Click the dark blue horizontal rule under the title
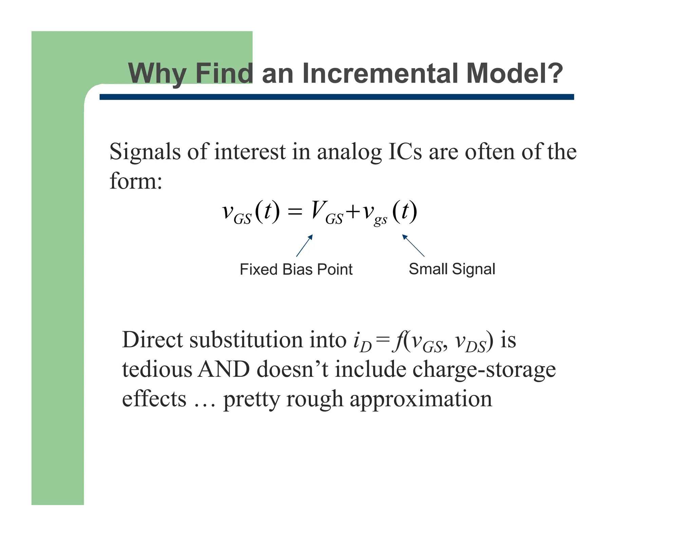[336, 97]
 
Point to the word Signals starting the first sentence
[145, 152]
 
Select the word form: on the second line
[136, 181]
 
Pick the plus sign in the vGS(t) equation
[353, 212]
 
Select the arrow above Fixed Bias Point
[304, 245]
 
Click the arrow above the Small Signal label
[413, 245]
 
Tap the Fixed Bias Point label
[296, 270]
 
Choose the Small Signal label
[452, 269]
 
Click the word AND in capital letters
[224, 369]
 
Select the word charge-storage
[484, 370]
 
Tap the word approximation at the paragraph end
[421, 399]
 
